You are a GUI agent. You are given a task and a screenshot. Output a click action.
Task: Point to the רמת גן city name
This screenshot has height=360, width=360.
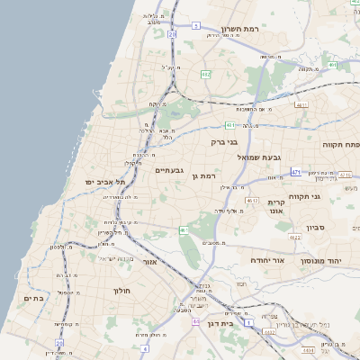tap(207, 176)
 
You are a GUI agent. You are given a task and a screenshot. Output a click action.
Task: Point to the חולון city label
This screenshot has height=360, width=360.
tap(122, 291)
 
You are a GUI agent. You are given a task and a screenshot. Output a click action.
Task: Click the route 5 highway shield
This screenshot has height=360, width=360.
tap(194, 26)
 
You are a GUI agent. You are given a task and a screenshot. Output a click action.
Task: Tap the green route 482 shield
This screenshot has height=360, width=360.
tap(206, 75)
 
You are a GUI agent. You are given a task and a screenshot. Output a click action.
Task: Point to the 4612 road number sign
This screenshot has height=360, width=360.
tap(253, 200)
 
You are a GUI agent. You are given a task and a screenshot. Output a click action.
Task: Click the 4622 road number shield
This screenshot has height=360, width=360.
tap(295, 237)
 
